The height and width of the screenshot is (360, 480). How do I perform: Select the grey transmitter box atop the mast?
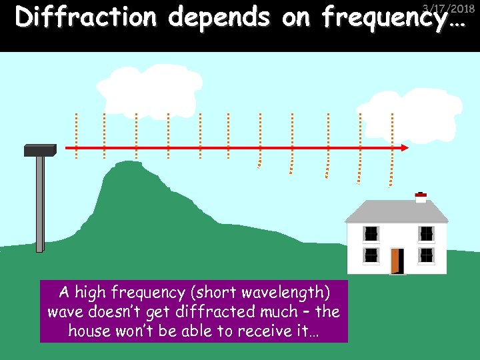[x=40, y=150]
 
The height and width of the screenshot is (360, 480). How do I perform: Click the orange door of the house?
[x=397, y=261]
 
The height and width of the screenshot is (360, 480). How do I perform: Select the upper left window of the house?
[x=371, y=234]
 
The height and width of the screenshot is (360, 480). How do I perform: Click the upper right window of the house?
[x=426, y=234]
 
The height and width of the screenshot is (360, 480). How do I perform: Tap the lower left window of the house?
[x=371, y=255]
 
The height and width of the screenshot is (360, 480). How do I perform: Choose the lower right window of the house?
[x=426, y=255]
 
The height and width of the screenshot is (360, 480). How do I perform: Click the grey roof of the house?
[x=396, y=212]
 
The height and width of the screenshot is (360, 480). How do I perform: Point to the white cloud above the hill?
[x=149, y=90]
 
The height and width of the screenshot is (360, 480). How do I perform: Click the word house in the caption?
[x=91, y=331]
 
